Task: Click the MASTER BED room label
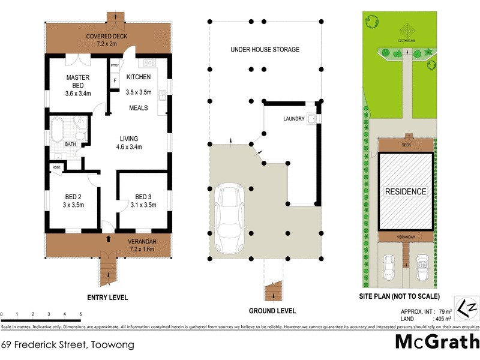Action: tap(78, 77)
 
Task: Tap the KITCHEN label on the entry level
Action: tap(138, 77)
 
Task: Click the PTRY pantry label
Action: tap(114, 67)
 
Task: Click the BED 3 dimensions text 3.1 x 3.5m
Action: tap(143, 205)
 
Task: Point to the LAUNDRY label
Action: tap(294, 119)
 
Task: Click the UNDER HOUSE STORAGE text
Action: tap(265, 49)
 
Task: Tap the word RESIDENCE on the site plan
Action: tap(406, 192)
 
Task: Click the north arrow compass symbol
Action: tap(466, 308)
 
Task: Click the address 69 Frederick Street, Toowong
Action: tap(67, 345)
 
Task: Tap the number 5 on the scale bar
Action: tap(80, 314)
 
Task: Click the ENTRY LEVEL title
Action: tap(107, 298)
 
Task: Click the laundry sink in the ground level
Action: tap(311, 119)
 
